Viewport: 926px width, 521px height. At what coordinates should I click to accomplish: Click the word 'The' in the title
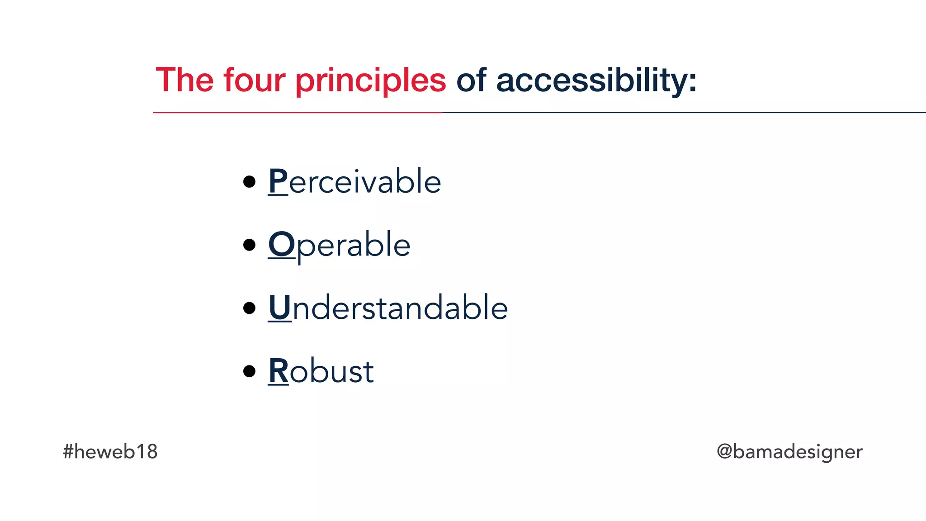coord(184,81)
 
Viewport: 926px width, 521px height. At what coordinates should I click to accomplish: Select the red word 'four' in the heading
coord(254,81)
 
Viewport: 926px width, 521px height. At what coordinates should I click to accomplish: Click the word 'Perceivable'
coord(354,181)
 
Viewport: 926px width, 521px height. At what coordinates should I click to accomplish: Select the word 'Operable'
coord(339,245)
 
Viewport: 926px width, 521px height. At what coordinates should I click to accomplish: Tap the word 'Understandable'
coord(388,308)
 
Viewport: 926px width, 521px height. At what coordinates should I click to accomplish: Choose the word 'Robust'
coord(321,371)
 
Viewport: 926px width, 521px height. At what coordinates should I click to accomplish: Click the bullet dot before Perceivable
coord(249,182)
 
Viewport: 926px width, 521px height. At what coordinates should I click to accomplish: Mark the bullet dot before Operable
coord(249,245)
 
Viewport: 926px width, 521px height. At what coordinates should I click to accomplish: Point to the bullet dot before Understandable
coord(249,308)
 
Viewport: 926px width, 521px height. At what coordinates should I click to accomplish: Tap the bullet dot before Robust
coord(249,372)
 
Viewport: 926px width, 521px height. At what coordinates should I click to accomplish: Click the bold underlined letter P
coord(278,181)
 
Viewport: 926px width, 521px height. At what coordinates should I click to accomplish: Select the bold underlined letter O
coord(281,245)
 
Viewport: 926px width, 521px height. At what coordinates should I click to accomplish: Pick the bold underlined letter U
coord(279,308)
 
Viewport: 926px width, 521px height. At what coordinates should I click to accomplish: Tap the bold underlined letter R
coord(278,371)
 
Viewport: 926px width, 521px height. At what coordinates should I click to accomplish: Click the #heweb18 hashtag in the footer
coord(110,452)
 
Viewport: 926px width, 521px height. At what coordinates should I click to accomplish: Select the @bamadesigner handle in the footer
coord(789,452)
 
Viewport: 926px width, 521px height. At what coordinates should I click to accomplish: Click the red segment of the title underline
coord(298,112)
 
